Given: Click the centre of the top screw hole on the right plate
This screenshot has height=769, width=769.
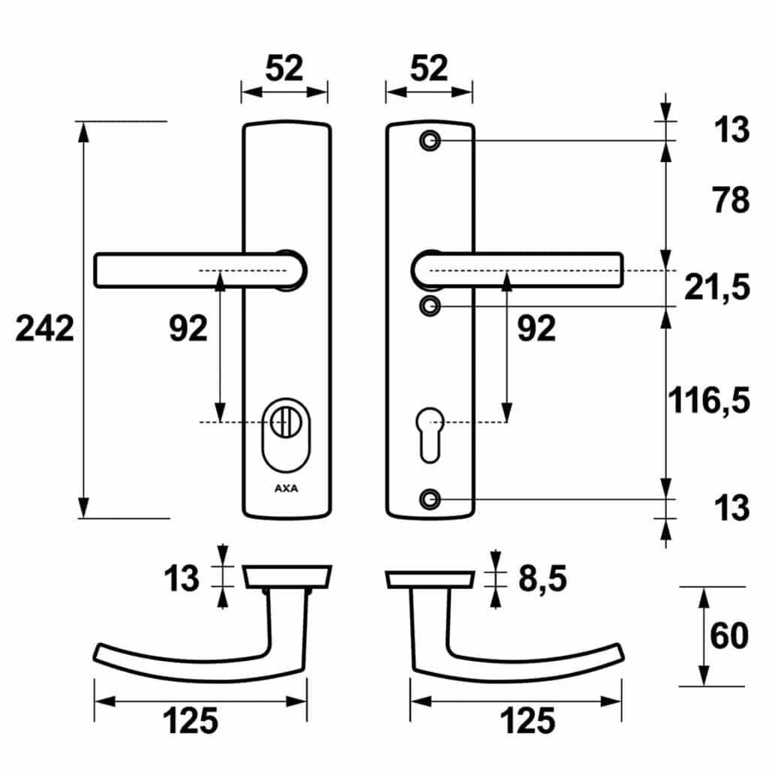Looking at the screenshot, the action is tap(430, 140).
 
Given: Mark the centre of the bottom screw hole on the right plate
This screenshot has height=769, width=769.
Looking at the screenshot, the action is tap(430, 499).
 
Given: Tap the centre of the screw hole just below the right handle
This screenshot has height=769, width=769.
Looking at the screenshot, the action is tap(430, 306).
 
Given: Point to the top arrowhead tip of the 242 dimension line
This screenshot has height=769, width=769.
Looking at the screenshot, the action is tap(84, 122).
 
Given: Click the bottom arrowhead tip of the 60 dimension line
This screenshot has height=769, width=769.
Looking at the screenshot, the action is tap(704, 686).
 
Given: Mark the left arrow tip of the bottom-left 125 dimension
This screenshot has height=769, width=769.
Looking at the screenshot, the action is tap(95, 701).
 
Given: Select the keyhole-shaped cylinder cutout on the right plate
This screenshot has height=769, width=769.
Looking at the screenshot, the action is tap(430, 435).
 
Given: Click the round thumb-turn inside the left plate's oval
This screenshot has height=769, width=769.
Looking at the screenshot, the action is tap(286, 422).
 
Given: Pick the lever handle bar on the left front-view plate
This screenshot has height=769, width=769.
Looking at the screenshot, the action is tap(200, 270).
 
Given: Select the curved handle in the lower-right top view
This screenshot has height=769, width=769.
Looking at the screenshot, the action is tap(517, 636).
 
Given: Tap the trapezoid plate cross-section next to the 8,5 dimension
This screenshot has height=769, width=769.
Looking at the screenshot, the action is tap(430, 579).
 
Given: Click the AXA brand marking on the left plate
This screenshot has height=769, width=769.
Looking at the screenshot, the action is tap(286, 488).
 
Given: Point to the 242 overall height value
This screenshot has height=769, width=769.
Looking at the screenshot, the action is tap(44, 328).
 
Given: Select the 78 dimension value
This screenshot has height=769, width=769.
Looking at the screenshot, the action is tap(731, 200).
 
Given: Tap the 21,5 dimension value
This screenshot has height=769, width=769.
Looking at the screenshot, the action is tap(717, 287).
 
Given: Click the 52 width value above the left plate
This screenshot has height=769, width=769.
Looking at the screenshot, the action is tap(285, 68).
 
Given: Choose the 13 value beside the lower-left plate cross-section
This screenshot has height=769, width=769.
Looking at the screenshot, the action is tap(182, 579).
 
